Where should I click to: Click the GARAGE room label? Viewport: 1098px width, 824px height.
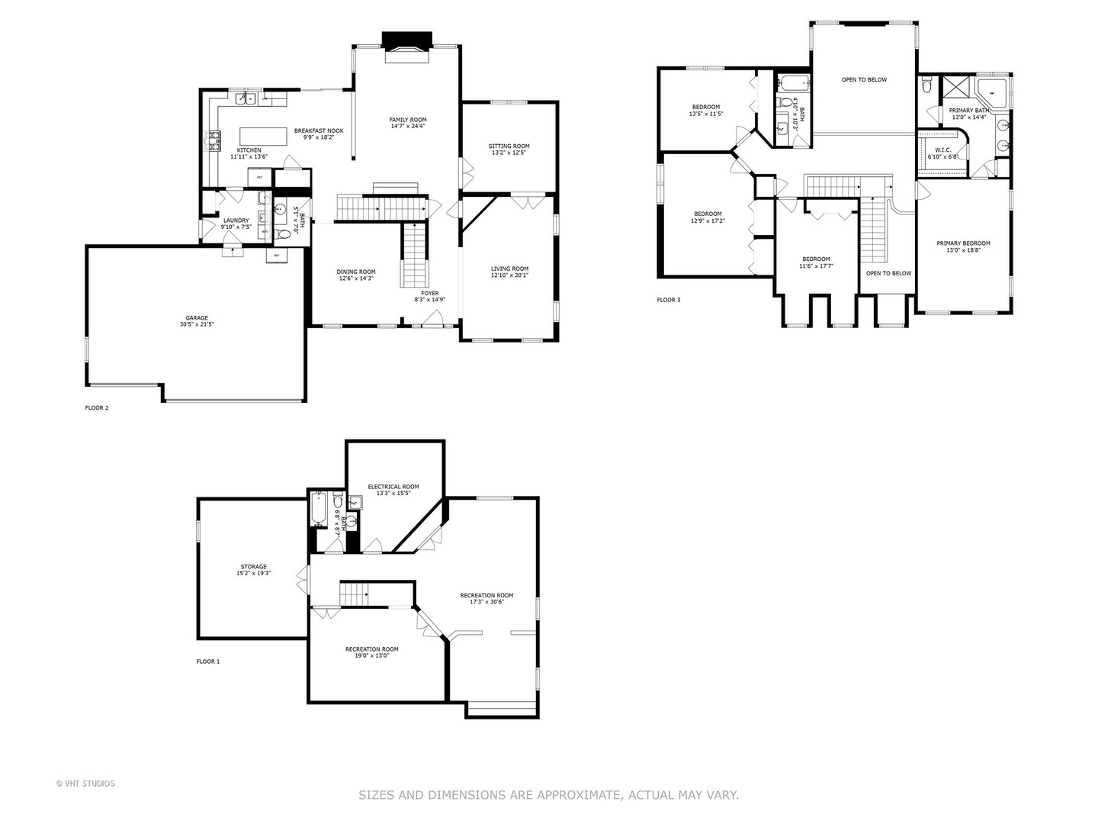(x=196, y=318)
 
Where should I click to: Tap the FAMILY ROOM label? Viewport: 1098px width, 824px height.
(x=407, y=120)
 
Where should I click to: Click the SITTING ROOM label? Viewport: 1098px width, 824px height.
(x=509, y=146)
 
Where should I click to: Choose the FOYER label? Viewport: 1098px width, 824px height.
(x=430, y=293)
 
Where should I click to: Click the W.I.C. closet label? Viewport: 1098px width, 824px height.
(x=942, y=150)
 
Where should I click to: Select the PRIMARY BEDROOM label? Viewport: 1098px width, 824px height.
(x=963, y=243)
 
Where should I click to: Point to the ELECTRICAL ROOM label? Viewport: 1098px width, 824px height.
(x=393, y=486)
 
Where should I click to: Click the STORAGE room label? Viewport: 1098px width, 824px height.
(x=253, y=566)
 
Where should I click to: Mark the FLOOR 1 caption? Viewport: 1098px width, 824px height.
(x=208, y=661)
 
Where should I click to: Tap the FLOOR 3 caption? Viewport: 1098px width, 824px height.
(x=669, y=300)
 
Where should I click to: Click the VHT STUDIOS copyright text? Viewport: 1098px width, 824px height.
(x=85, y=783)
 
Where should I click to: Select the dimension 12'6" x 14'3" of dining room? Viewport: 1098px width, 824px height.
(x=356, y=278)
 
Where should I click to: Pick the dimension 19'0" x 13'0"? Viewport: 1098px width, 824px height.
(x=371, y=655)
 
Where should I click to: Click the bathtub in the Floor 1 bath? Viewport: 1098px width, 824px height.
(x=319, y=510)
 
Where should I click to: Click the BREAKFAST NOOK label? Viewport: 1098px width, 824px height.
(x=319, y=130)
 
